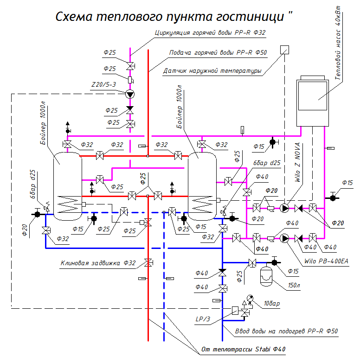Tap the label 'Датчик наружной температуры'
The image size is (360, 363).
tap(212, 71)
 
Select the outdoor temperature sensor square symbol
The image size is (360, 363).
tap(284, 50)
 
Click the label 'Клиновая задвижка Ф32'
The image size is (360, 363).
tap(98, 263)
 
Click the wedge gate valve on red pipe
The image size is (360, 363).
tap(148, 263)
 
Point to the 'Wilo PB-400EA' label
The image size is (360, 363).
tap(326, 261)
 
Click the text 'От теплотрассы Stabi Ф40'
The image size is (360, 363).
tap(243, 349)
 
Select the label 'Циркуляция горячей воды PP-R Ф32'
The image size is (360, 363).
tap(210, 33)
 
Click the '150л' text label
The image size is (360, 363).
tap(294, 285)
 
